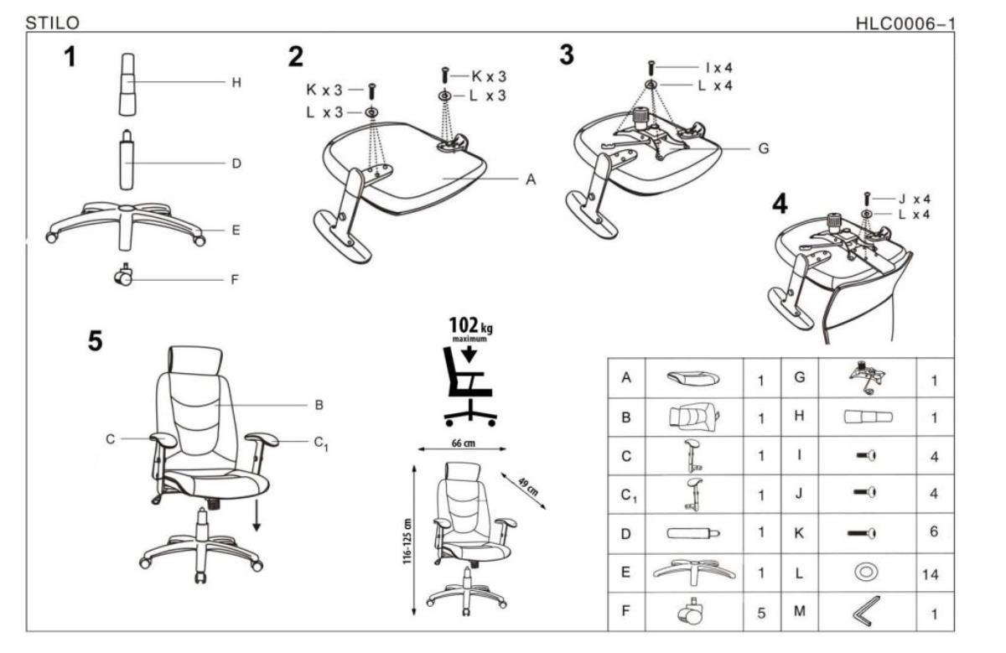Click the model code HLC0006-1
coord(905,23)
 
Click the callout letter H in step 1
coord(236,82)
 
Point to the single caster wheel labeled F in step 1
coord(123,274)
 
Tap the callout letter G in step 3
coord(763,148)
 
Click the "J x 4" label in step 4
coord(914,199)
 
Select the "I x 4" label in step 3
coord(714,67)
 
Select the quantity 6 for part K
coord(933,532)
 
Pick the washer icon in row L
coord(864,573)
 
